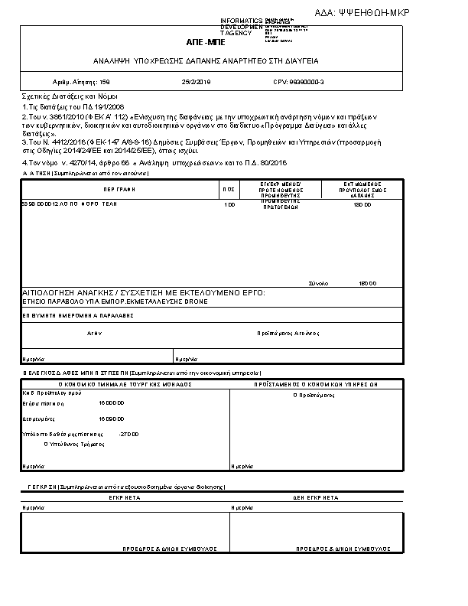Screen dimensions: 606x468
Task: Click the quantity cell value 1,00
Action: (x=229, y=205)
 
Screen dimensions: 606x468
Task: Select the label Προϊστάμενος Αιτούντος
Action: (x=288, y=334)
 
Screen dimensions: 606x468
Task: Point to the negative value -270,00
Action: (x=129, y=434)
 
